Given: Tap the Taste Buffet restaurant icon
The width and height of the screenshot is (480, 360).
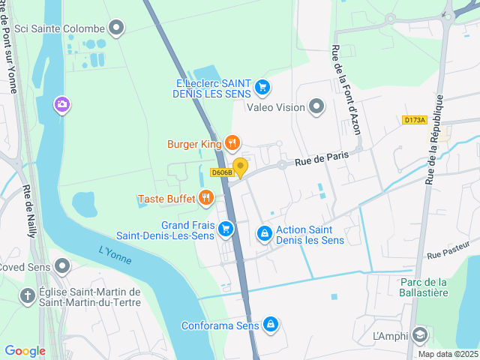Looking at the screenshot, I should [x=206, y=199].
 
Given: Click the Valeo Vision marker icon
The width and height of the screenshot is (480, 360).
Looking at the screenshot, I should [x=316, y=107].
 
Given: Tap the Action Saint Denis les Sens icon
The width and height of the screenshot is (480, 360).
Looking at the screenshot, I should [x=265, y=235].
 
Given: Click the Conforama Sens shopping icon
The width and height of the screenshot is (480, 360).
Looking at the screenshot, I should [x=271, y=325].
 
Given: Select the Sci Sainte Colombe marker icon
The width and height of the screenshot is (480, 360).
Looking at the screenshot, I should [x=116, y=29].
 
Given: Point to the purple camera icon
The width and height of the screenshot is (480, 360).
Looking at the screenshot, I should [x=62, y=105].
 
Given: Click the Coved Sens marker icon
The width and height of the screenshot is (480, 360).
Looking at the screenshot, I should [x=62, y=266].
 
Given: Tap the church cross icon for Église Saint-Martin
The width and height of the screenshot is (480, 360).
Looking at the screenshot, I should [x=28, y=296].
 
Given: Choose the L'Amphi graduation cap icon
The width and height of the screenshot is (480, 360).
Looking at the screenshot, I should [x=421, y=335].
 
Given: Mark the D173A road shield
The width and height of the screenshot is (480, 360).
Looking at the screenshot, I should [x=414, y=119].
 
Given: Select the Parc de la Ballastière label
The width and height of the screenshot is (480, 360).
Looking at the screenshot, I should [x=423, y=287].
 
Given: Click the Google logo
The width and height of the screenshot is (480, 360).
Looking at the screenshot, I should [x=25, y=350].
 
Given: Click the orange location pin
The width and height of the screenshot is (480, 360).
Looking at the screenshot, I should [x=240, y=167].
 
